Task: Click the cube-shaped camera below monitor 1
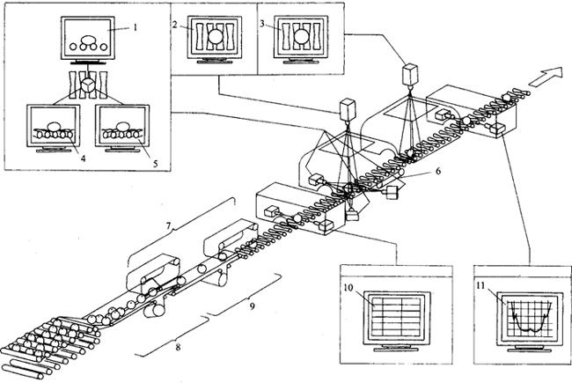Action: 92,85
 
